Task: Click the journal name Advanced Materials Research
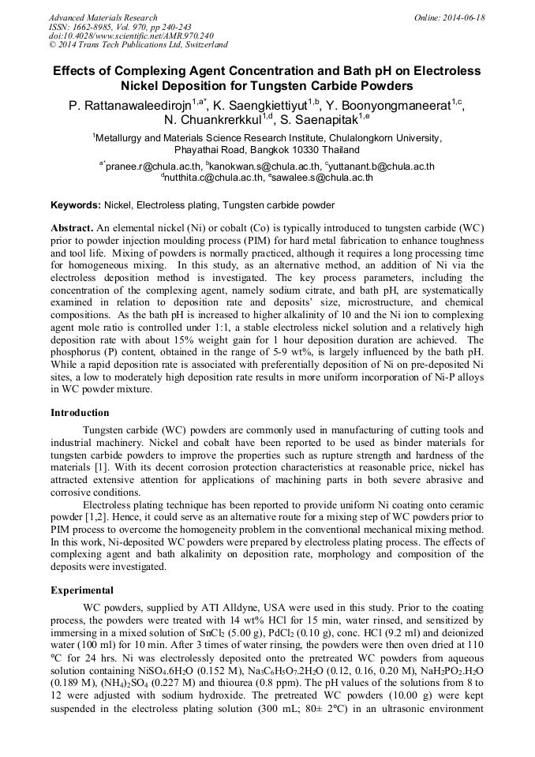[x=103, y=17]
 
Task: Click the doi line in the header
[x=131, y=36]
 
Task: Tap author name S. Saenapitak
[x=320, y=121]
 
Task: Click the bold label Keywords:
[x=76, y=205]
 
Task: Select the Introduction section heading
[x=80, y=413]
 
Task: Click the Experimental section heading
[x=82, y=590]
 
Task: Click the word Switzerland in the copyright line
[x=204, y=45]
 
